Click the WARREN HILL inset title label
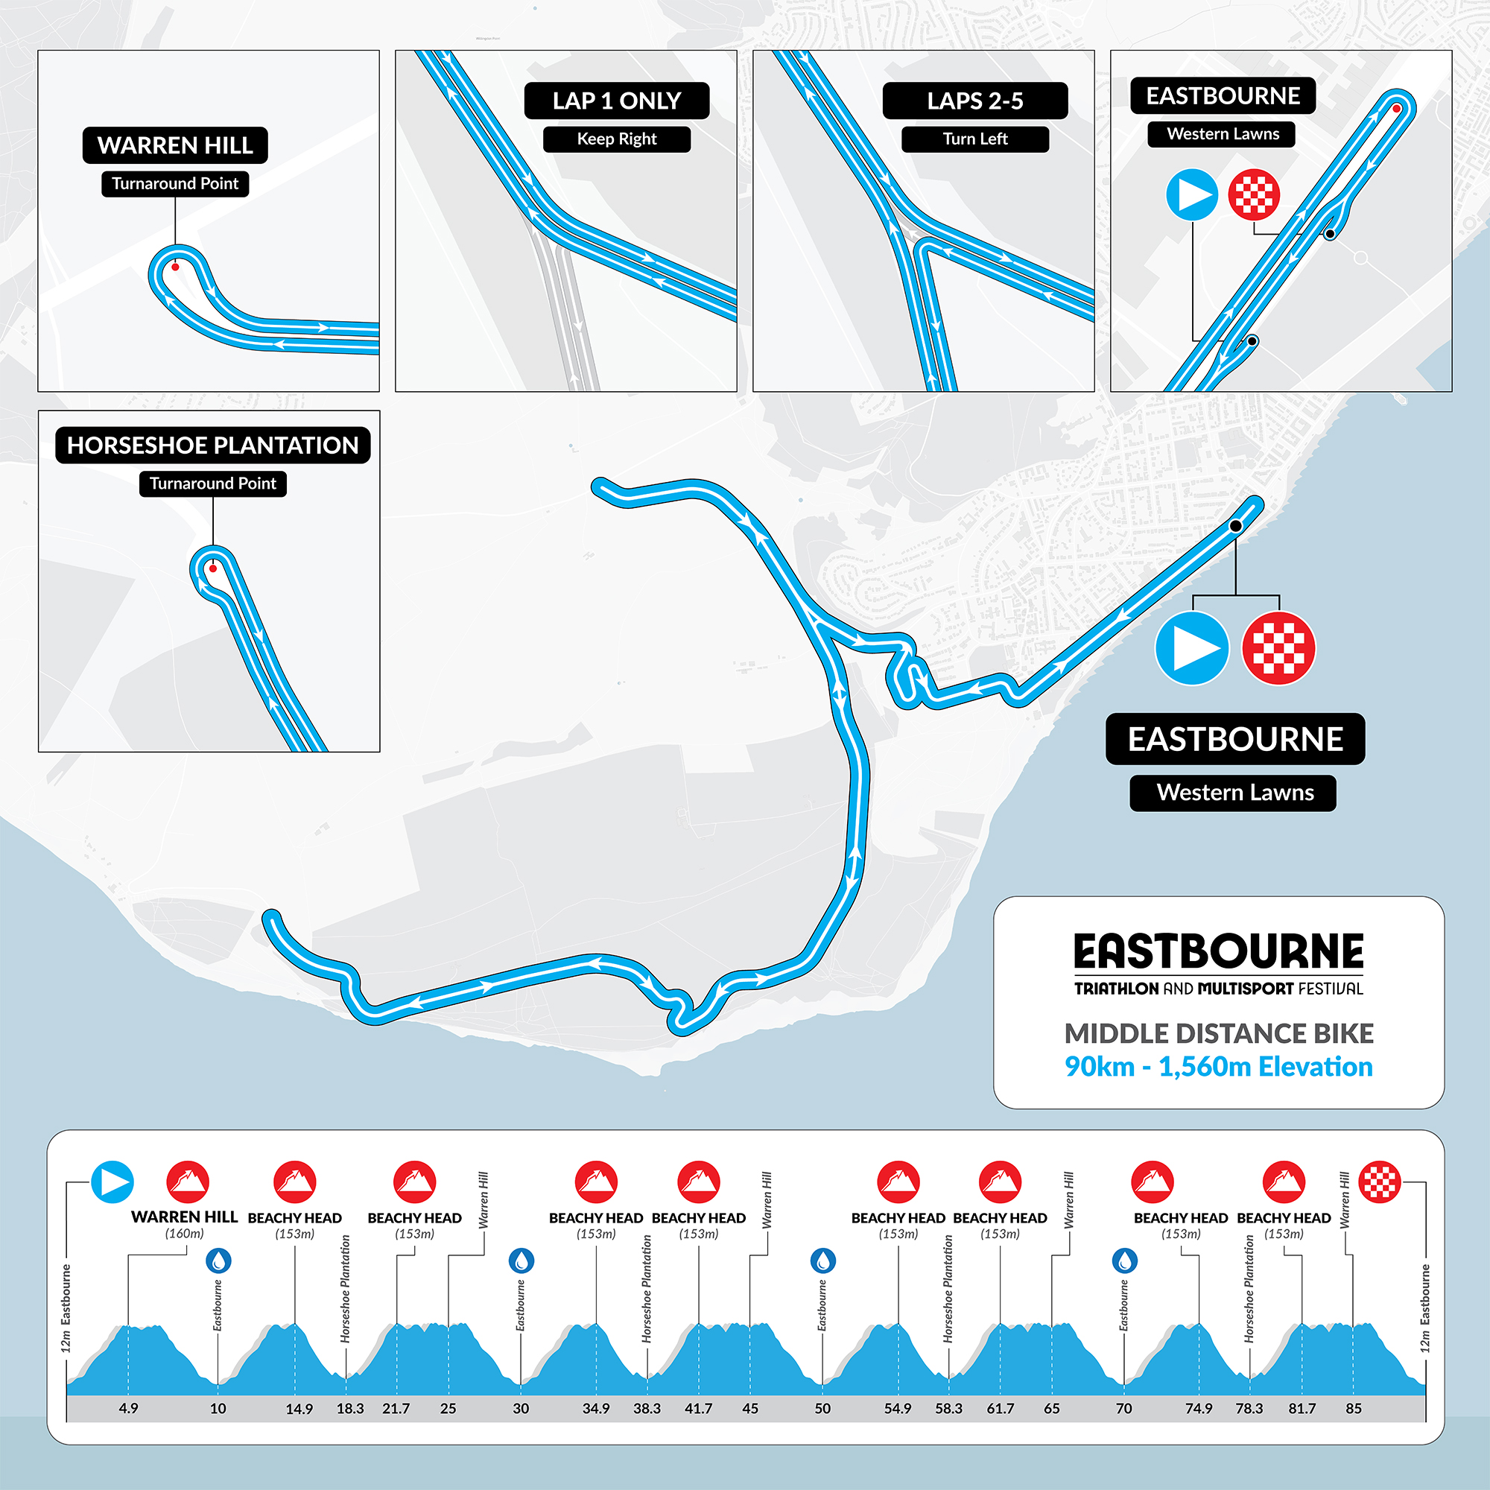(175, 145)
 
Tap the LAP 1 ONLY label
(616, 101)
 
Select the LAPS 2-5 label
(974, 101)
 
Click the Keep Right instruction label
(616, 139)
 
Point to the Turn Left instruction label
(974, 139)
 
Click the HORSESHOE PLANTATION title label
(212, 446)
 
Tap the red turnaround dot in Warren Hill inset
(175, 267)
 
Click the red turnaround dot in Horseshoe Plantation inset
(213, 568)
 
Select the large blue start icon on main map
(1191, 649)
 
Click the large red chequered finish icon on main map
(1278, 649)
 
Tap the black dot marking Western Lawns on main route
(1235, 526)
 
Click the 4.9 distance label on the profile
(128, 1408)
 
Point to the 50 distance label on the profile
(823, 1408)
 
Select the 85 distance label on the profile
(1354, 1408)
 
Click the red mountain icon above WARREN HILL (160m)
(188, 1182)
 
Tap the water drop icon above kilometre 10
(218, 1261)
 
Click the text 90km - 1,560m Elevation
(1219, 1067)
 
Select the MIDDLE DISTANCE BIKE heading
(1219, 1033)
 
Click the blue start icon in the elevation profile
(112, 1182)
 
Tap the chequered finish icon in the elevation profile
(1379, 1182)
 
